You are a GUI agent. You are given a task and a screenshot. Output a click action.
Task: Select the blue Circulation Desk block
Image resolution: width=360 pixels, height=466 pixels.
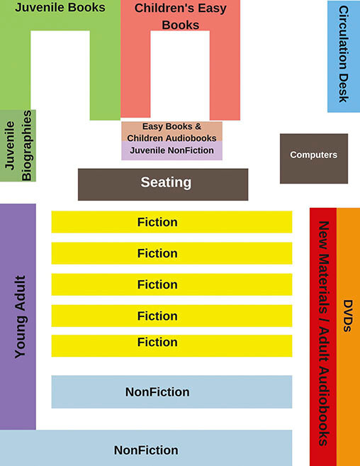pyautogui.click(x=344, y=57)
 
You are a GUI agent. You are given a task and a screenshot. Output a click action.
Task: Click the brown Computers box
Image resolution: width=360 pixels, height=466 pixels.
pyautogui.click(x=314, y=158)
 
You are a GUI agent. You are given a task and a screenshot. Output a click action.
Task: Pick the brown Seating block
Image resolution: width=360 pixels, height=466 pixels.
pyautogui.click(x=163, y=184)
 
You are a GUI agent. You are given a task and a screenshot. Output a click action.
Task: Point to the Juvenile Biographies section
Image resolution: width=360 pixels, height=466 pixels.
pyautogui.click(x=18, y=145)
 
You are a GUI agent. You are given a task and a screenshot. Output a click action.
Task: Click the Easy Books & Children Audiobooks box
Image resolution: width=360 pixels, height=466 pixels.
pyautogui.click(x=171, y=132)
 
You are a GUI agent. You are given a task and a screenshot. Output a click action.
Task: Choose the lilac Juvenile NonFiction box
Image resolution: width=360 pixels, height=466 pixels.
pyautogui.click(x=171, y=150)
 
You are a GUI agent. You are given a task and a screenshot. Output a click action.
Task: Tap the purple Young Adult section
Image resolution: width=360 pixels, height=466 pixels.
pyautogui.click(x=18, y=316)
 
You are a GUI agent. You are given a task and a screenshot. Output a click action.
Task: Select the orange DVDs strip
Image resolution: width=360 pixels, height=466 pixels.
pyautogui.click(x=348, y=337)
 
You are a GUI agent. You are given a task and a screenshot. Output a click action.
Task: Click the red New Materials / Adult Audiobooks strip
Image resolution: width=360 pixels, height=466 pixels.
pyautogui.click(x=323, y=337)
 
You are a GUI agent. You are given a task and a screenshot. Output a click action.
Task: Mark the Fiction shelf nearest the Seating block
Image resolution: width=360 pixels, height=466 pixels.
pyautogui.click(x=171, y=222)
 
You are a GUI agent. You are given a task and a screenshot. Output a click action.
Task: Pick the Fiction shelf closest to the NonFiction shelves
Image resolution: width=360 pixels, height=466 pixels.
pyautogui.click(x=171, y=345)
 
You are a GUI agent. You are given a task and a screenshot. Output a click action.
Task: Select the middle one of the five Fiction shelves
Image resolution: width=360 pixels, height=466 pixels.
pyautogui.click(x=171, y=284)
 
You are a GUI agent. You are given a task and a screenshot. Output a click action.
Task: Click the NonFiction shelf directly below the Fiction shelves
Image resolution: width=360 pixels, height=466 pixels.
pyautogui.click(x=171, y=392)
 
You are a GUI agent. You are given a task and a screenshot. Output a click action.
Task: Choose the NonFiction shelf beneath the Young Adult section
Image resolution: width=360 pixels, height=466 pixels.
pyautogui.click(x=146, y=448)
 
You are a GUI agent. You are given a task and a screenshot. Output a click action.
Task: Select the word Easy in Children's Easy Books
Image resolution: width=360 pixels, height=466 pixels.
pyautogui.click(x=212, y=9)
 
